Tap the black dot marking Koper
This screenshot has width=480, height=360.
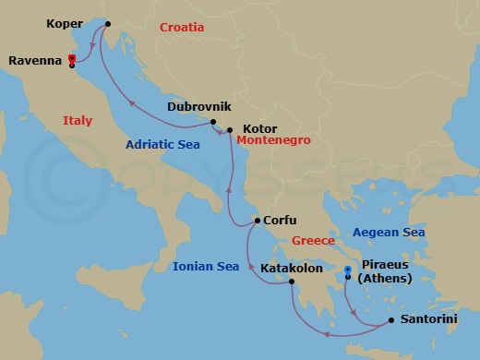[108, 24]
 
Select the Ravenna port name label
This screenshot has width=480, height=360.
[35, 61]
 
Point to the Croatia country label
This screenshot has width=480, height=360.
[182, 28]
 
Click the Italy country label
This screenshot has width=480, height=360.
[78, 120]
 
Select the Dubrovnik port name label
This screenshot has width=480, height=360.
[198, 106]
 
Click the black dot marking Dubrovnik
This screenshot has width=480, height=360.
[213, 123]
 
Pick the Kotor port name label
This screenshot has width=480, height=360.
[258, 129]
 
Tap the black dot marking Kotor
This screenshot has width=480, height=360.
[230, 130]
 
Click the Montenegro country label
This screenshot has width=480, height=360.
[273, 140]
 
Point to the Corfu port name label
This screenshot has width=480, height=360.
[280, 221]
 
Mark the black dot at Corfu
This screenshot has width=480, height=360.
[257, 221]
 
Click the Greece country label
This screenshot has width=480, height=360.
[313, 241]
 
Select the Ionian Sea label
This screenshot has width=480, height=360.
[206, 267]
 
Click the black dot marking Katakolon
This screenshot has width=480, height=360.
[292, 282]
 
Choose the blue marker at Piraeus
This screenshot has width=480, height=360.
[348, 271]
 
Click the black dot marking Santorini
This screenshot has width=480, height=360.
[391, 320]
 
